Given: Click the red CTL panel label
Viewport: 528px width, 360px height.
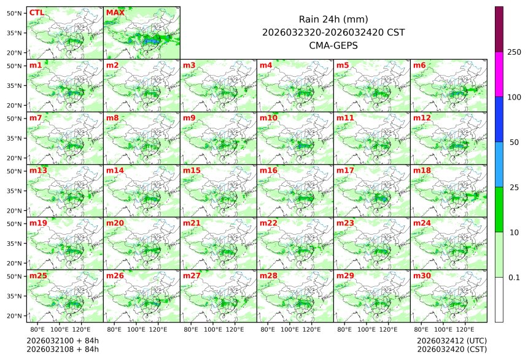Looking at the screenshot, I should tap(36, 12).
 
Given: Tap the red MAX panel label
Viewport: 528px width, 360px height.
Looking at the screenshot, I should tap(114, 12).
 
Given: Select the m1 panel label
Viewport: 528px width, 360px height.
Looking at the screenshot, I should tap(36, 65).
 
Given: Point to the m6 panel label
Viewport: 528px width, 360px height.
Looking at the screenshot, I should tap(419, 65).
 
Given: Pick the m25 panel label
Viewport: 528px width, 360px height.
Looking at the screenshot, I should tap(38, 276).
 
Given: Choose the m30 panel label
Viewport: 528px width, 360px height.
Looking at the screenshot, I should tap(422, 276).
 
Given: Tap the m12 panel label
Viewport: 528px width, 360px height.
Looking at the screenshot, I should tap(422, 117).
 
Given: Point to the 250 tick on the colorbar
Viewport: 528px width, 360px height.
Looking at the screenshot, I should tap(514, 52).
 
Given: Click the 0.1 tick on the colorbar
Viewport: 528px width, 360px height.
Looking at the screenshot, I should tap(514, 278).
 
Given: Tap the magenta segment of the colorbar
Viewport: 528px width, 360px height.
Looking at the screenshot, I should tap(499, 74).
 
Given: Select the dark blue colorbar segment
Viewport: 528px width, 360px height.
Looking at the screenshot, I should tap(499, 119).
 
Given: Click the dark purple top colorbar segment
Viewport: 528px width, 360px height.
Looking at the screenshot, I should tap(499, 29).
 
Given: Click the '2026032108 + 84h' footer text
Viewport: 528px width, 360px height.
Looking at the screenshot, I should tap(63, 350).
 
